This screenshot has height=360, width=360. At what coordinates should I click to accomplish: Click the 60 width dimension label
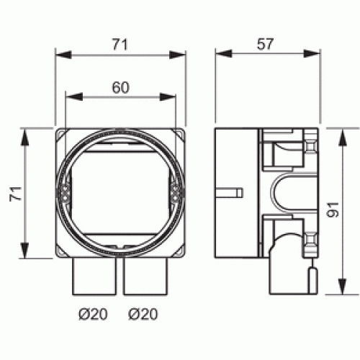click(120, 88)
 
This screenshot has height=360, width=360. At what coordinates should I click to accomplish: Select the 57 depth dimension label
click(265, 45)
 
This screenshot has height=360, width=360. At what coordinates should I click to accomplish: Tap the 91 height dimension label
click(333, 210)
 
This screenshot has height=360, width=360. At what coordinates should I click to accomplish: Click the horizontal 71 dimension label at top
click(120, 45)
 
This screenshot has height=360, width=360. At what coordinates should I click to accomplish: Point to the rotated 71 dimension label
click(16, 194)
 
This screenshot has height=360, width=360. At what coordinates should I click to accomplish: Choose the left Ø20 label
click(93, 314)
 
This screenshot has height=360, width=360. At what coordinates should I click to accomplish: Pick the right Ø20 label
click(143, 314)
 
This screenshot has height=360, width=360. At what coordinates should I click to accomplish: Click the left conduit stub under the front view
click(94, 276)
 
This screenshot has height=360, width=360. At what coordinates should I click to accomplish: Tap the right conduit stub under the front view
click(145, 276)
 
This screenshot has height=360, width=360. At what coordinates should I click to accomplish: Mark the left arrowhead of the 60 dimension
click(74, 96)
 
